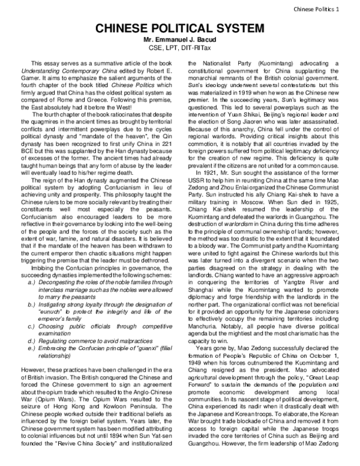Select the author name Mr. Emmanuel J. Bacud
point(179,40)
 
